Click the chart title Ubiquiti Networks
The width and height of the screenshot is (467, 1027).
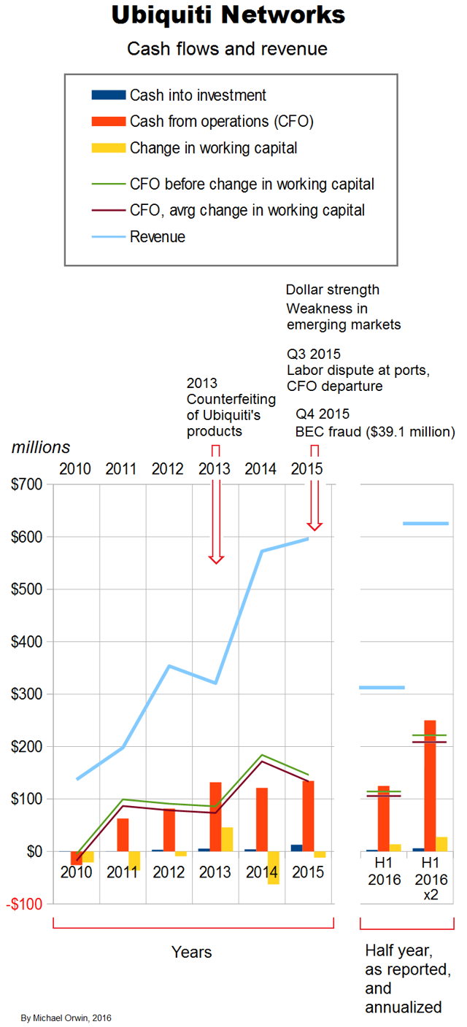(228, 15)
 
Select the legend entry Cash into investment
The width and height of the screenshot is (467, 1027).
(198, 95)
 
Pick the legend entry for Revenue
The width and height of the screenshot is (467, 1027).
(158, 236)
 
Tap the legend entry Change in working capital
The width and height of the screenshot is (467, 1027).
(213, 148)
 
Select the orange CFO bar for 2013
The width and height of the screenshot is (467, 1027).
(215, 816)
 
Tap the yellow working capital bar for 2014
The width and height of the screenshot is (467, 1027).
(274, 867)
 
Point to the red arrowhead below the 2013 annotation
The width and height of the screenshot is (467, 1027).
(215, 559)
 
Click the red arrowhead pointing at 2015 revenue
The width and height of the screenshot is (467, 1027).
(314, 525)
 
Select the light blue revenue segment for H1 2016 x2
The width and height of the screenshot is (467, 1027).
(425, 524)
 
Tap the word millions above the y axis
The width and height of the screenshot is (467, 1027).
(41, 447)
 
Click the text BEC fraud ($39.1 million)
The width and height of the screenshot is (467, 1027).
(375, 432)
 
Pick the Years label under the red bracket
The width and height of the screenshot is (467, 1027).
(192, 952)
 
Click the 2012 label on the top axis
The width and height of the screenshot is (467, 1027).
(168, 468)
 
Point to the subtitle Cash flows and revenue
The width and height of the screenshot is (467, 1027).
(227, 49)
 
